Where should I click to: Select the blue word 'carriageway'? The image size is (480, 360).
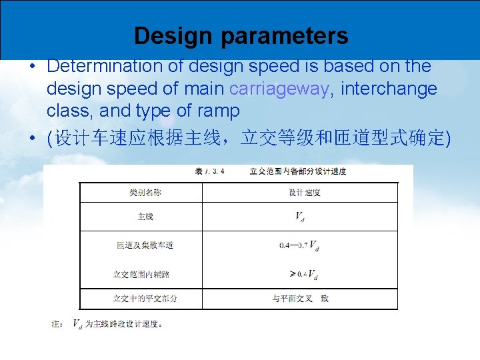pos(279,88)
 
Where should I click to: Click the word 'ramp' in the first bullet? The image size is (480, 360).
pos(219,110)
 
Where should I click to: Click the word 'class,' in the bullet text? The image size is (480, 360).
pos(70,110)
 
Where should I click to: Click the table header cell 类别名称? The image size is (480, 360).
pos(145,193)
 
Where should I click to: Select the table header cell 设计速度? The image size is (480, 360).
pos(305,193)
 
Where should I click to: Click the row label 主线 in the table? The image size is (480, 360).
pos(145,217)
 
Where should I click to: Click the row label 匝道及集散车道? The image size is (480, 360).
pos(145,245)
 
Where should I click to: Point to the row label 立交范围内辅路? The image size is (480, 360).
pos(145,274)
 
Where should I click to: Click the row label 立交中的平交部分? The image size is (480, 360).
pos(145,298)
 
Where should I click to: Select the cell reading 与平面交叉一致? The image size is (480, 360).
pos(300,298)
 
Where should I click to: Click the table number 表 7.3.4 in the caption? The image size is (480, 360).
pos(209,171)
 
